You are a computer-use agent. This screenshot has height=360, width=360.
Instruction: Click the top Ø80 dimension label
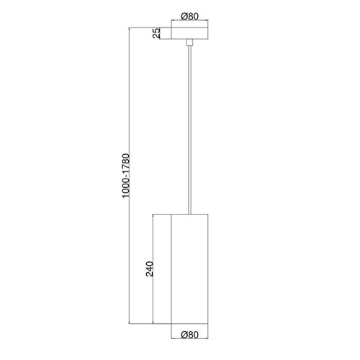coord(190,17)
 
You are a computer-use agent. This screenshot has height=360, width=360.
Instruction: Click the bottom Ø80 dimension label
coord(190,335)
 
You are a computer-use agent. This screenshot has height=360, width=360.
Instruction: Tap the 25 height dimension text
coord(156,33)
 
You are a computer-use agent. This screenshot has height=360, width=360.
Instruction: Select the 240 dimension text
coord(150,269)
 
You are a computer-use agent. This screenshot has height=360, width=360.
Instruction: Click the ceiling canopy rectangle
coord(189,33)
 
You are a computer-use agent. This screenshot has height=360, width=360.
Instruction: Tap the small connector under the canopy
coord(189,42)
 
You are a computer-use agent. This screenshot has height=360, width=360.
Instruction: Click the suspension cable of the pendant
coord(189,130)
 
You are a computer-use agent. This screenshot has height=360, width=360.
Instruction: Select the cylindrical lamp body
coord(189,269)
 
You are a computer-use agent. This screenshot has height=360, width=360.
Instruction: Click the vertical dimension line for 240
coord(153,269)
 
